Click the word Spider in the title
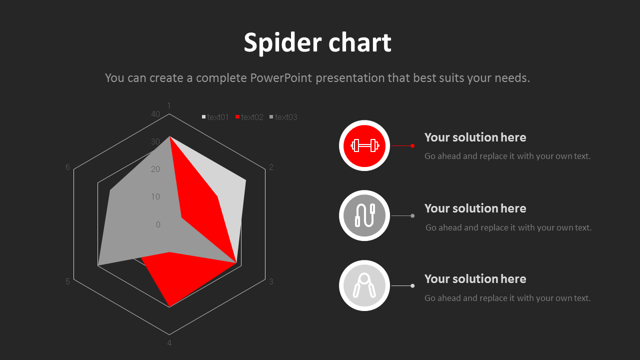pos(276,43)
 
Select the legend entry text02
pos(251,117)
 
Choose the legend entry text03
pos(285,117)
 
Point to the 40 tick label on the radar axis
pos(155,114)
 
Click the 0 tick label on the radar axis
pos(158,224)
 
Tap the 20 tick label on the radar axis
pos(155,169)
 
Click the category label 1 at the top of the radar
pos(169,105)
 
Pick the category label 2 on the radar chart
pos(271,167)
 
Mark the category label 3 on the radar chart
pos(271,281)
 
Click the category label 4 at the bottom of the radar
pos(169,343)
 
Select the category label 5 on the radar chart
pos(67,281)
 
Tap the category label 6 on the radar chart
pos(67,167)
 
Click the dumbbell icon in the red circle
pos(364,145)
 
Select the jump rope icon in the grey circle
pos(364,215)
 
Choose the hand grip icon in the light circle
pos(364,285)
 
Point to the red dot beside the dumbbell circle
pos(412,145)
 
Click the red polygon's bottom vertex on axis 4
pos(169,306)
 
